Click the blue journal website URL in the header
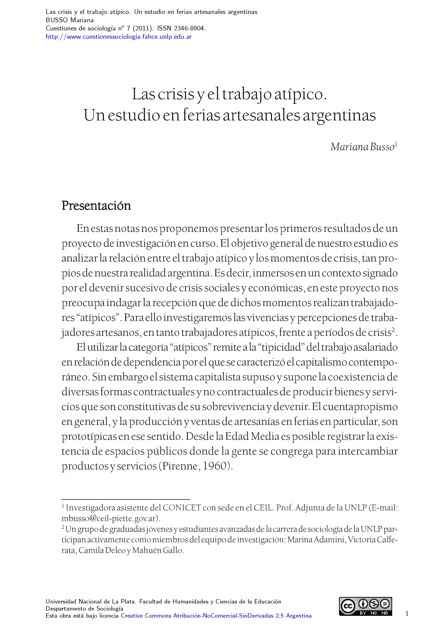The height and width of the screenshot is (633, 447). (118, 37)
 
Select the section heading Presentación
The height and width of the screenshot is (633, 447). (96, 206)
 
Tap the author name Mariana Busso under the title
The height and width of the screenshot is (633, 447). (362, 147)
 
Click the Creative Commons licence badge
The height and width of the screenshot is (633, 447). (365, 614)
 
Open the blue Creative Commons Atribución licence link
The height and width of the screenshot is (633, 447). (216, 623)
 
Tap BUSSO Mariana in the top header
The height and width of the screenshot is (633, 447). (70, 20)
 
